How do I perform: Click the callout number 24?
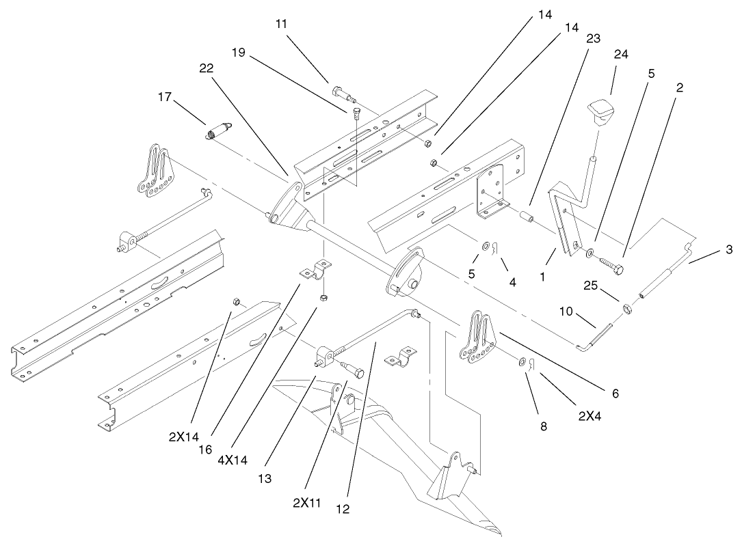(x=620, y=54)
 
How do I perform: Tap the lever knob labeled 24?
(x=600, y=111)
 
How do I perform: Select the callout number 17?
(x=164, y=98)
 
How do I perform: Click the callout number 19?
(x=238, y=51)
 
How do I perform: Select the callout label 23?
(x=593, y=39)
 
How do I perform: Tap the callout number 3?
(x=730, y=250)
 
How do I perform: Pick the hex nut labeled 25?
(x=624, y=307)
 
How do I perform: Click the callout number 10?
(x=566, y=312)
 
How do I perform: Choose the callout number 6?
(x=615, y=393)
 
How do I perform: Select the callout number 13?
(x=265, y=479)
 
